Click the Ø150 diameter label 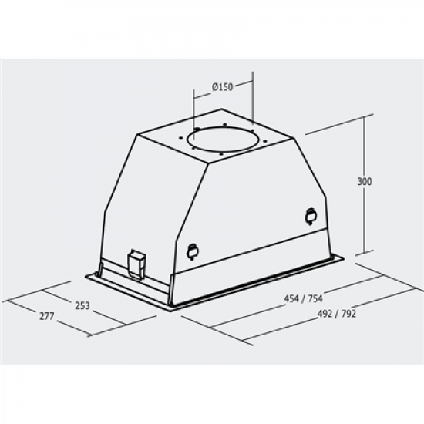pyautogui.click(x=221, y=86)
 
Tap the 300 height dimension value pyautogui.click(x=365, y=182)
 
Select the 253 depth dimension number pyautogui.click(x=82, y=305)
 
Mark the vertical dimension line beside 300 pyautogui.click(x=364, y=224)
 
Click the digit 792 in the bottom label pyautogui.click(x=348, y=314)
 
